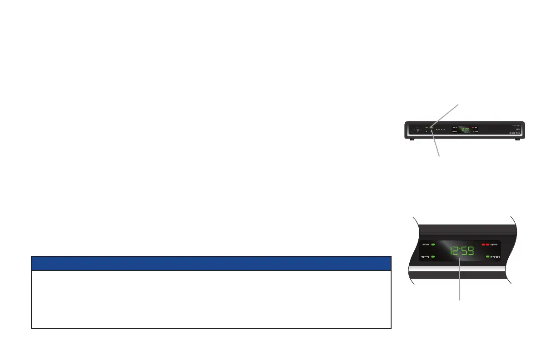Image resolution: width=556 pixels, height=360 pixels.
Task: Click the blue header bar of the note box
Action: click(211, 263)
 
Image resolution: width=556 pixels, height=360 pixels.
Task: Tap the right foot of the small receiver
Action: click(517, 139)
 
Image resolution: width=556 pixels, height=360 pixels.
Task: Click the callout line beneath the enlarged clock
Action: click(460, 282)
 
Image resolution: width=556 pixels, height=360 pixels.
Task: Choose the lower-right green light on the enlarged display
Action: click(488, 257)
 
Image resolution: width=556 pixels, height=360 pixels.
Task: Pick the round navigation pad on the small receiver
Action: click(417, 130)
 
